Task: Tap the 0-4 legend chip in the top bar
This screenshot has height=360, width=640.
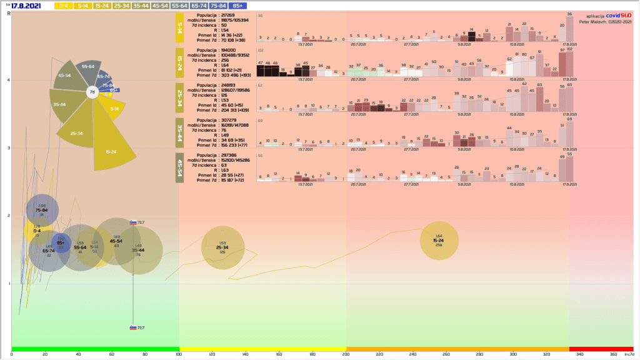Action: coord(62,5)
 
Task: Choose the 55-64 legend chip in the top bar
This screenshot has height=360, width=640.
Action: coord(181,5)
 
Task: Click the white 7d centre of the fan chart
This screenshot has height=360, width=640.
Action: coord(92,92)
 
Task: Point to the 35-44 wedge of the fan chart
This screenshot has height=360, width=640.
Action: coord(60,105)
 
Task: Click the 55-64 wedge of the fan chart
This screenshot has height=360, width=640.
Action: coord(87,66)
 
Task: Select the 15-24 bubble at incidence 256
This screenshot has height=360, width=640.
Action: coord(439,241)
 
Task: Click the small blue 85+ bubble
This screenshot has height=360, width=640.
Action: coord(61,244)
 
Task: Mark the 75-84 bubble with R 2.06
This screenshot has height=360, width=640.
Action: coord(42,211)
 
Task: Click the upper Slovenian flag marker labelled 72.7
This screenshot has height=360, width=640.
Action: coord(133,222)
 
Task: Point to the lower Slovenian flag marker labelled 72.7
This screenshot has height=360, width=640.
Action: coord(133,327)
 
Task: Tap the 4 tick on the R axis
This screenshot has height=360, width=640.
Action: coord(7,80)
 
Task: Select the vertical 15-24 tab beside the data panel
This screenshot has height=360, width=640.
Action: coord(179,63)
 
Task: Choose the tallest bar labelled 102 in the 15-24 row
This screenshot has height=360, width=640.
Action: coord(569,62)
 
